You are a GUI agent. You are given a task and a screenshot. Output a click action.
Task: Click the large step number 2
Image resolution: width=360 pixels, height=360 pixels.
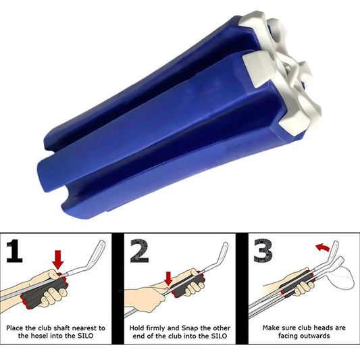(x=139, y=250)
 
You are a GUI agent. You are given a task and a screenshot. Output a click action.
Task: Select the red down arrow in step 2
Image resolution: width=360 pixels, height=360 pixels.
(x=169, y=278)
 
